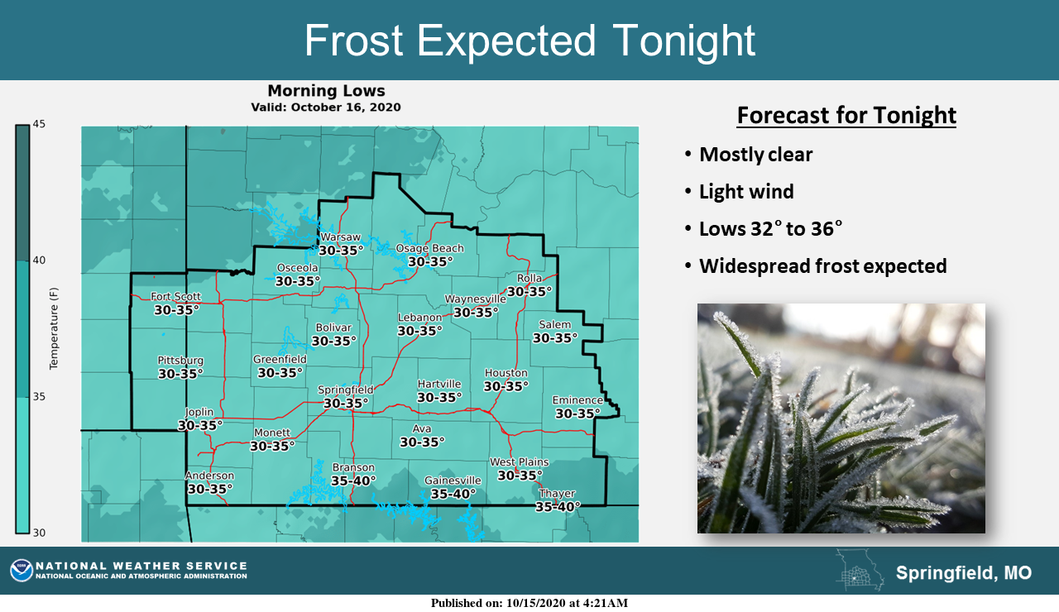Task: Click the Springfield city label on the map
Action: click(345, 390)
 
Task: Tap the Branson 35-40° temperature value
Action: click(353, 481)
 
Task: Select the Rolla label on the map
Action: click(529, 279)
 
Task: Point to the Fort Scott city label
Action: click(176, 297)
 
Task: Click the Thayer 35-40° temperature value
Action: click(558, 507)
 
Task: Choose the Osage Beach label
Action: click(429, 249)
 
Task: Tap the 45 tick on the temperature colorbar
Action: click(39, 124)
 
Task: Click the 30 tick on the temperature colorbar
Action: click(39, 533)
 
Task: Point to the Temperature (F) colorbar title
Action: click(54, 328)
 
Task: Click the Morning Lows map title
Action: click(326, 91)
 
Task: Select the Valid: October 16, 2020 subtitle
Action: click(326, 108)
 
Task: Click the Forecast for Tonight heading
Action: click(846, 115)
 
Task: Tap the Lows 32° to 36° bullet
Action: click(764, 229)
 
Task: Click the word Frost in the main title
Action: click(353, 41)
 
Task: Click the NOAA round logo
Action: click(22, 571)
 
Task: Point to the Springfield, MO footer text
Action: click(964, 573)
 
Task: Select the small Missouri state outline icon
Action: click(860, 570)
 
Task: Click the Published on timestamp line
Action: click(529, 603)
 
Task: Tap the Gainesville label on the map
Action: click(453, 481)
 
